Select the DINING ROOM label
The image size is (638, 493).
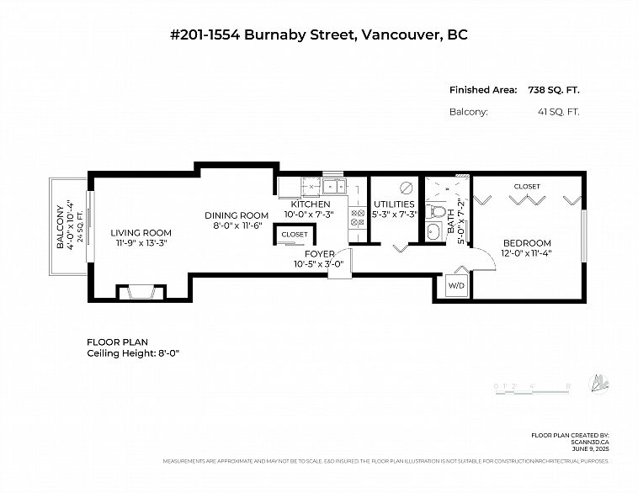click(237, 215)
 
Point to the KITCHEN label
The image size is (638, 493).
click(310, 204)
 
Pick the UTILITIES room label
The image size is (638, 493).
click(394, 204)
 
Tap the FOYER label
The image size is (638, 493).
click(320, 253)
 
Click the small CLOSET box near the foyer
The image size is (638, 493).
click(295, 235)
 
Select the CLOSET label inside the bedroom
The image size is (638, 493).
click(527, 186)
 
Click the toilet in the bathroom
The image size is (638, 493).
click(435, 211)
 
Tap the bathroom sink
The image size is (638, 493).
click(434, 232)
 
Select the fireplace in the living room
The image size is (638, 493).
click(140, 292)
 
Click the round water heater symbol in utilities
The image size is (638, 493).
click(406, 187)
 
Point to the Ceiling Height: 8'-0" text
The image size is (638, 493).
click(133, 353)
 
